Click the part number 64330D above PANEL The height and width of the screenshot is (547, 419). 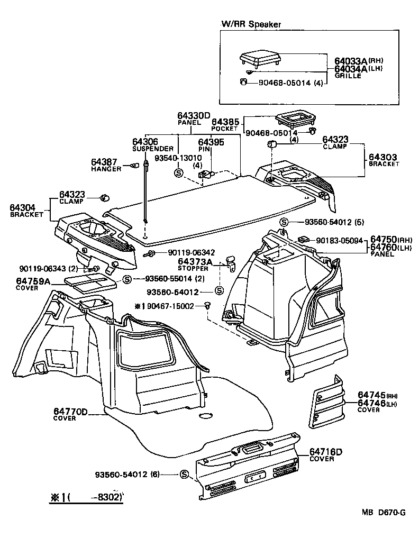tap(193, 115)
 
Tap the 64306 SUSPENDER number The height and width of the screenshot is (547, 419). tap(145, 142)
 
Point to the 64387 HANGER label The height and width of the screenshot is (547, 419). tap(104, 162)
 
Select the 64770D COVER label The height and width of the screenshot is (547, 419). tap(70, 411)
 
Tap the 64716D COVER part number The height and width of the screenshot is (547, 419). tap(325, 451)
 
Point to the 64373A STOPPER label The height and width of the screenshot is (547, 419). tap(195, 261)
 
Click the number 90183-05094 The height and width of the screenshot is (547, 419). tap(340, 241)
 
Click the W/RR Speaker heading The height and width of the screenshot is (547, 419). tap(251, 24)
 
